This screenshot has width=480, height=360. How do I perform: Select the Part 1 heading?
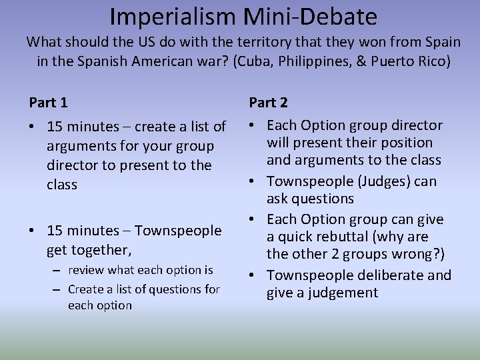pyautogui.click(x=48, y=103)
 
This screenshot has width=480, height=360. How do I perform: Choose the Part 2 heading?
pyautogui.click(x=268, y=103)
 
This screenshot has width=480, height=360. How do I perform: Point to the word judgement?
pyautogui.click(x=339, y=293)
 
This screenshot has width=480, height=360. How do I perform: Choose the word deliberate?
pyautogui.click(x=389, y=275)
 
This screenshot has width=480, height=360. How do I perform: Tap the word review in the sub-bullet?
pyautogui.click(x=88, y=270)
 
